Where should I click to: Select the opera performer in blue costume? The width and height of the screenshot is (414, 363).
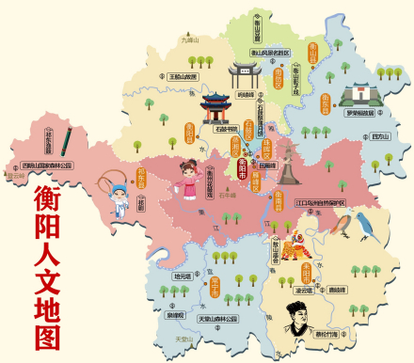pyautogui.click(x=118, y=198)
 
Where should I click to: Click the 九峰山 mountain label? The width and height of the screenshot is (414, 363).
pyautogui.click(x=190, y=40)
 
